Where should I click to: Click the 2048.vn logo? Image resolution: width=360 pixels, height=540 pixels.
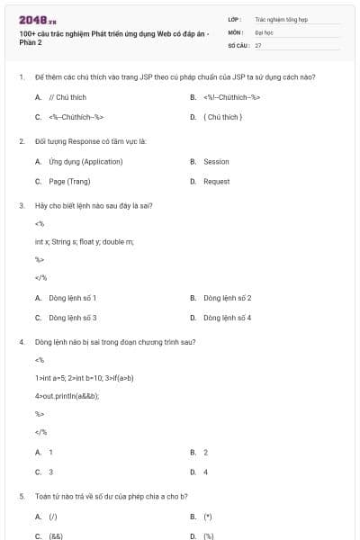[38, 19]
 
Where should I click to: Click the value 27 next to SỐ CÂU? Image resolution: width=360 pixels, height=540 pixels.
[258, 44]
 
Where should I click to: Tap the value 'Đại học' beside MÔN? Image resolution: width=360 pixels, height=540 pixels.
[264, 31]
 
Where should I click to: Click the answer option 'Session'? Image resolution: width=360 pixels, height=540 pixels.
[216, 162]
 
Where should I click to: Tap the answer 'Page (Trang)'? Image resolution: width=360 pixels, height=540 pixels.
[69, 181]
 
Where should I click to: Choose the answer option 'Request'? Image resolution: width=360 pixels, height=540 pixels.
[216, 181]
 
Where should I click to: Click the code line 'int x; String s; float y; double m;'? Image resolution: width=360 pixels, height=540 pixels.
[84, 241]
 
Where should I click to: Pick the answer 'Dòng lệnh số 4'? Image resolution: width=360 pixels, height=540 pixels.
[228, 318]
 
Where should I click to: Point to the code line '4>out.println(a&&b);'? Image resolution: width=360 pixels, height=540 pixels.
[67, 396]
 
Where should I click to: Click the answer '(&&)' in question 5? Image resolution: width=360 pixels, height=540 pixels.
[56, 536]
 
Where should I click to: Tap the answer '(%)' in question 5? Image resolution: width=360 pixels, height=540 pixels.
[209, 536]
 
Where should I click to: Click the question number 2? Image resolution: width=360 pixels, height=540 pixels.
[22, 141]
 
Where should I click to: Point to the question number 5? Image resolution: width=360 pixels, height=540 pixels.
[22, 496]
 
